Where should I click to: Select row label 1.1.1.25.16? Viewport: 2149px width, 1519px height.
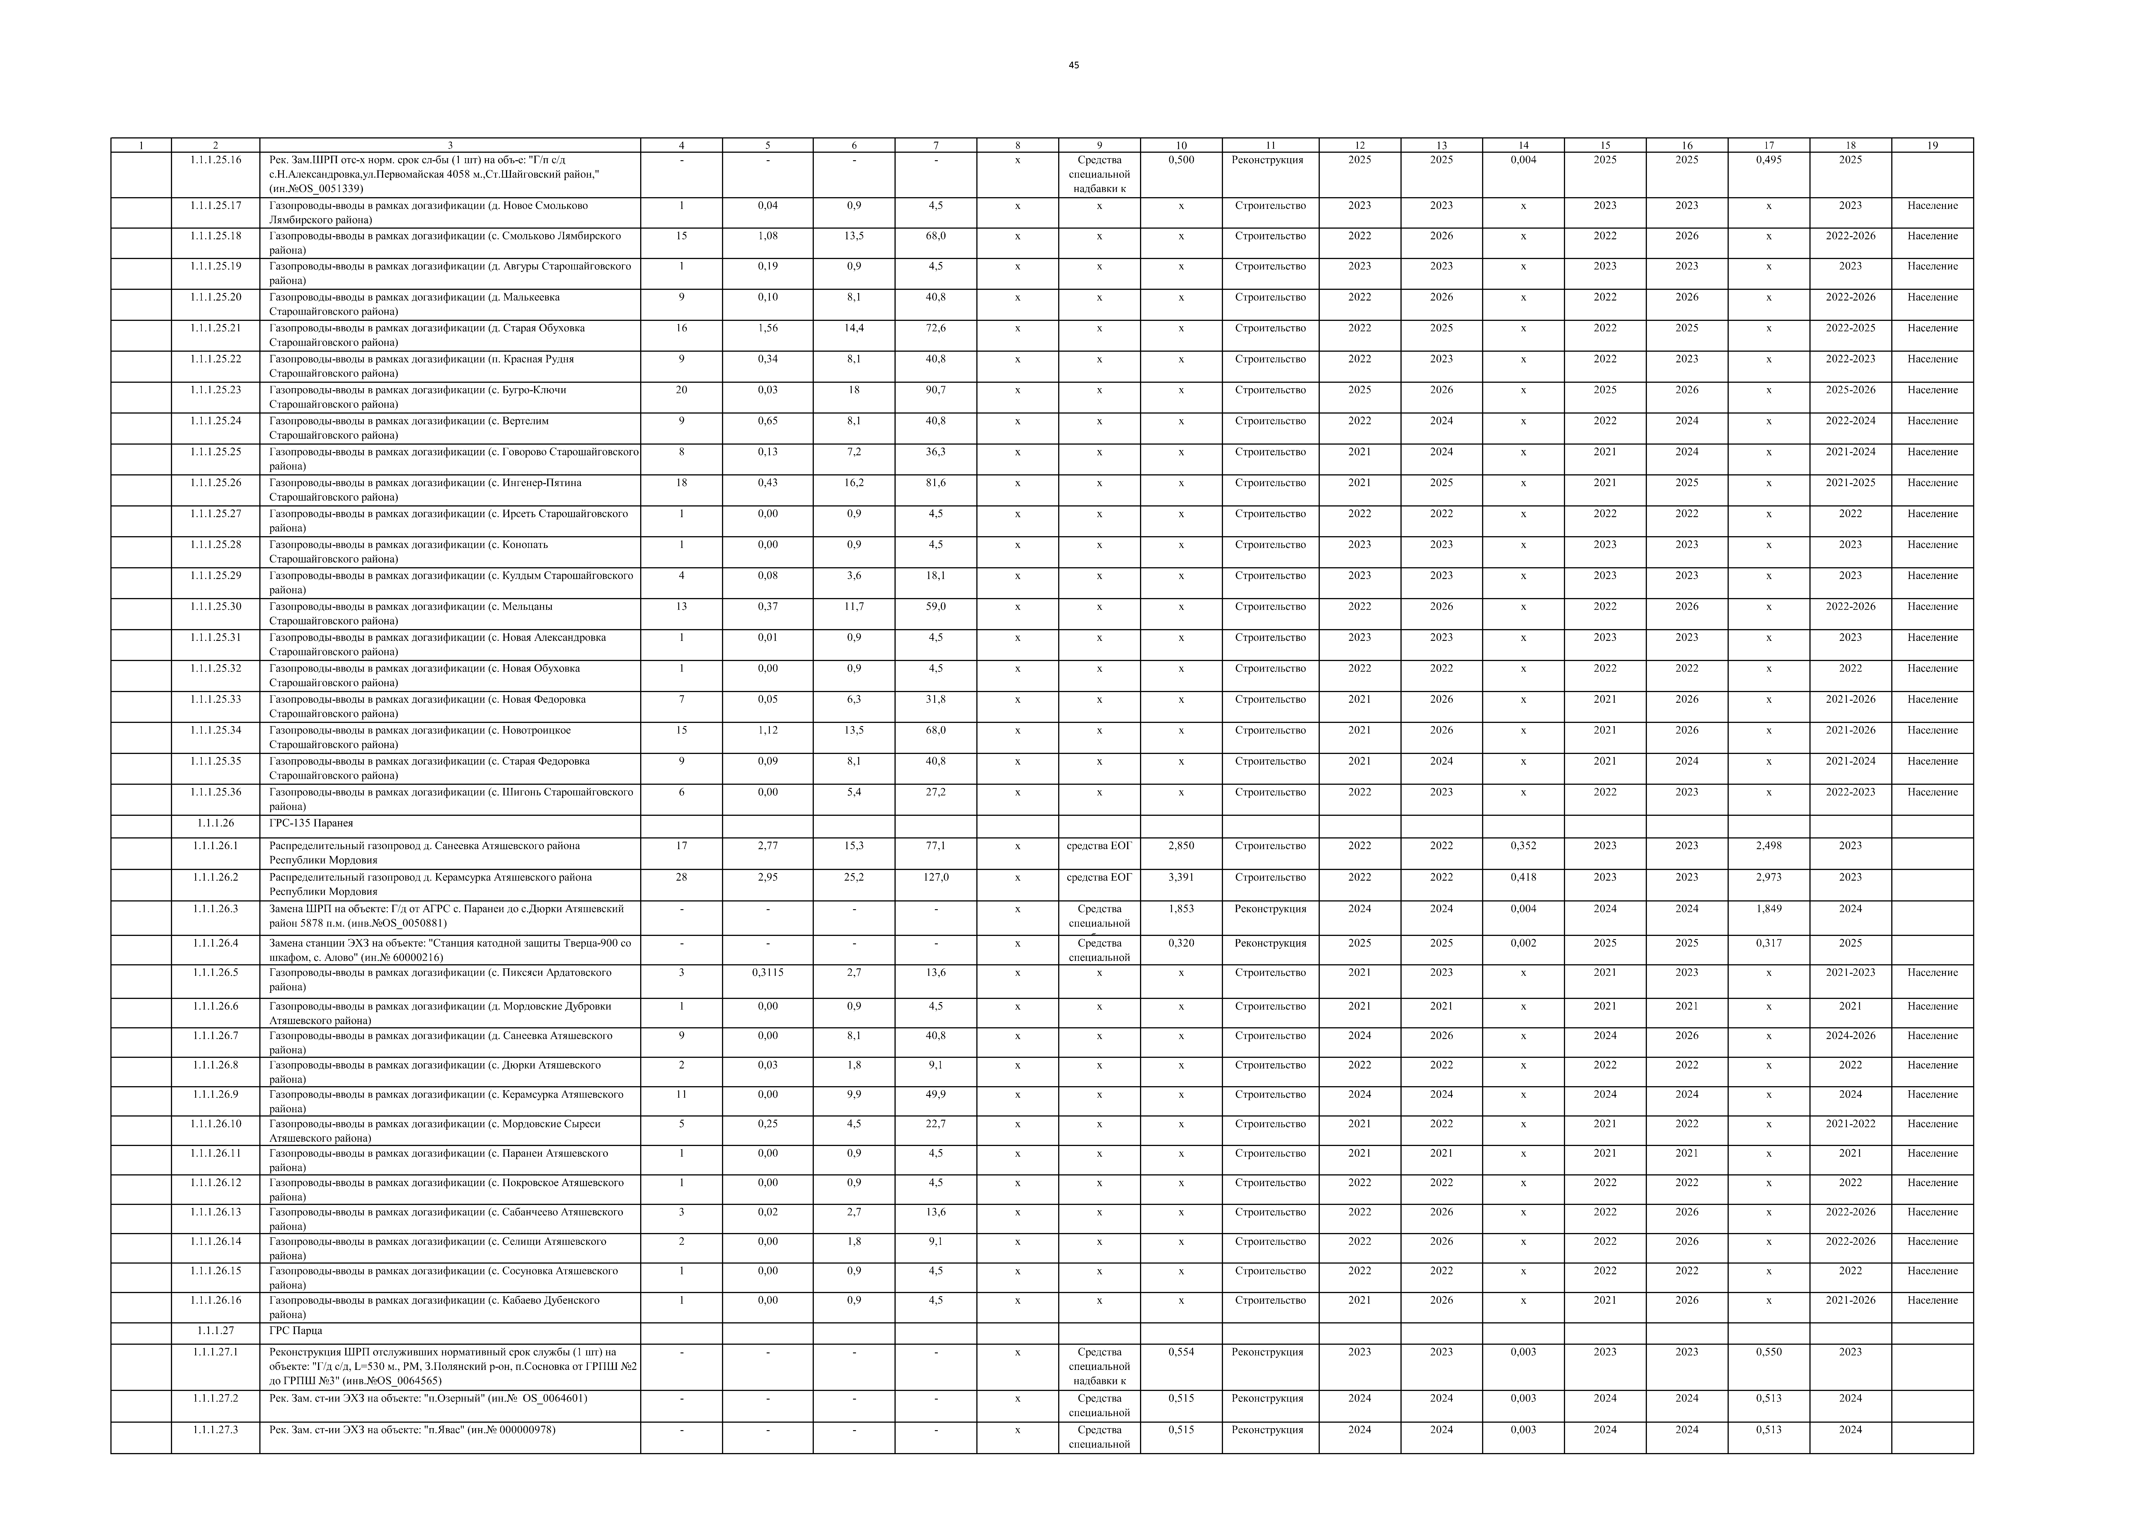pyautogui.click(x=215, y=160)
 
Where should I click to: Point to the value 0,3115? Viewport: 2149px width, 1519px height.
pyautogui.click(x=768, y=972)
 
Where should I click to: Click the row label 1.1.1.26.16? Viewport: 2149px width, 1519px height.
pyautogui.click(x=215, y=1300)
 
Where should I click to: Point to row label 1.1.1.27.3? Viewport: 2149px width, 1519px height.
pyautogui.click(x=215, y=1429)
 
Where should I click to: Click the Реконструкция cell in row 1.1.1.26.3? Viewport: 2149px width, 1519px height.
pyautogui.click(x=1270, y=909)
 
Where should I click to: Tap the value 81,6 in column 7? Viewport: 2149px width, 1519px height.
pyautogui.click(x=935, y=483)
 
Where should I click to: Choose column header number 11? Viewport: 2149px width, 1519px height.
pyautogui.click(x=1270, y=145)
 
